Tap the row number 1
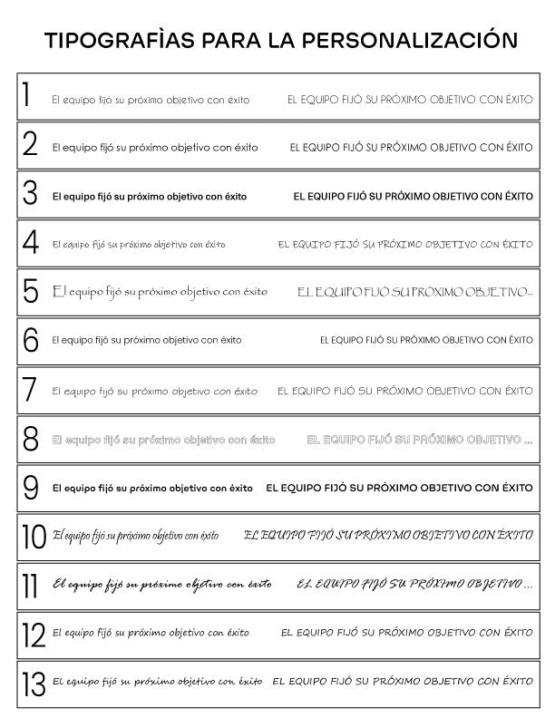click(27, 96)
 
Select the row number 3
click(30, 194)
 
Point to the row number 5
click(31, 291)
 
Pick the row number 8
click(31, 439)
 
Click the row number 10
click(33, 537)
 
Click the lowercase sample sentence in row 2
click(154, 146)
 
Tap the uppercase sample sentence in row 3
click(413, 195)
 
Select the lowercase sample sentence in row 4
click(139, 244)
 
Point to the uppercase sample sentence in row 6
click(426, 341)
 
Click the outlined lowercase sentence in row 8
click(163, 440)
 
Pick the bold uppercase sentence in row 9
click(399, 488)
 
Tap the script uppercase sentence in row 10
click(388, 536)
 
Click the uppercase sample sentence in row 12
click(406, 632)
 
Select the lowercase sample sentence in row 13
click(158, 680)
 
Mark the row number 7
click(30, 390)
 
